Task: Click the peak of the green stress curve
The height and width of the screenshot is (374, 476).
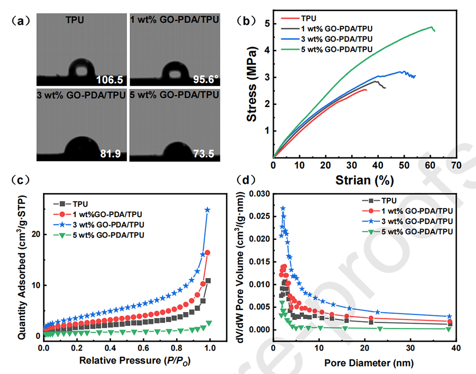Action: pyautogui.click(x=431, y=27)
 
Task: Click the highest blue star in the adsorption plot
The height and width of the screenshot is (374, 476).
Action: pyautogui.click(x=207, y=210)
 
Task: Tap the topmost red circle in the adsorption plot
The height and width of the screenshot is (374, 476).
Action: pyautogui.click(x=207, y=252)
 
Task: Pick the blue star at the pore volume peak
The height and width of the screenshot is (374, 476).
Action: pyautogui.click(x=283, y=208)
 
